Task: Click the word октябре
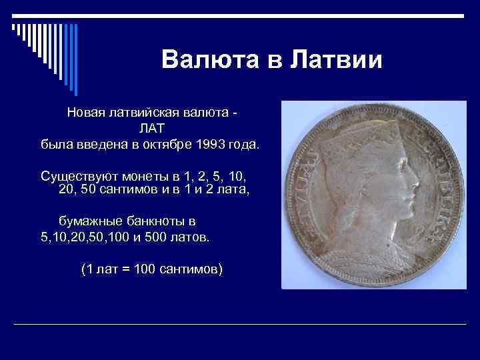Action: coord(165,143)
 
